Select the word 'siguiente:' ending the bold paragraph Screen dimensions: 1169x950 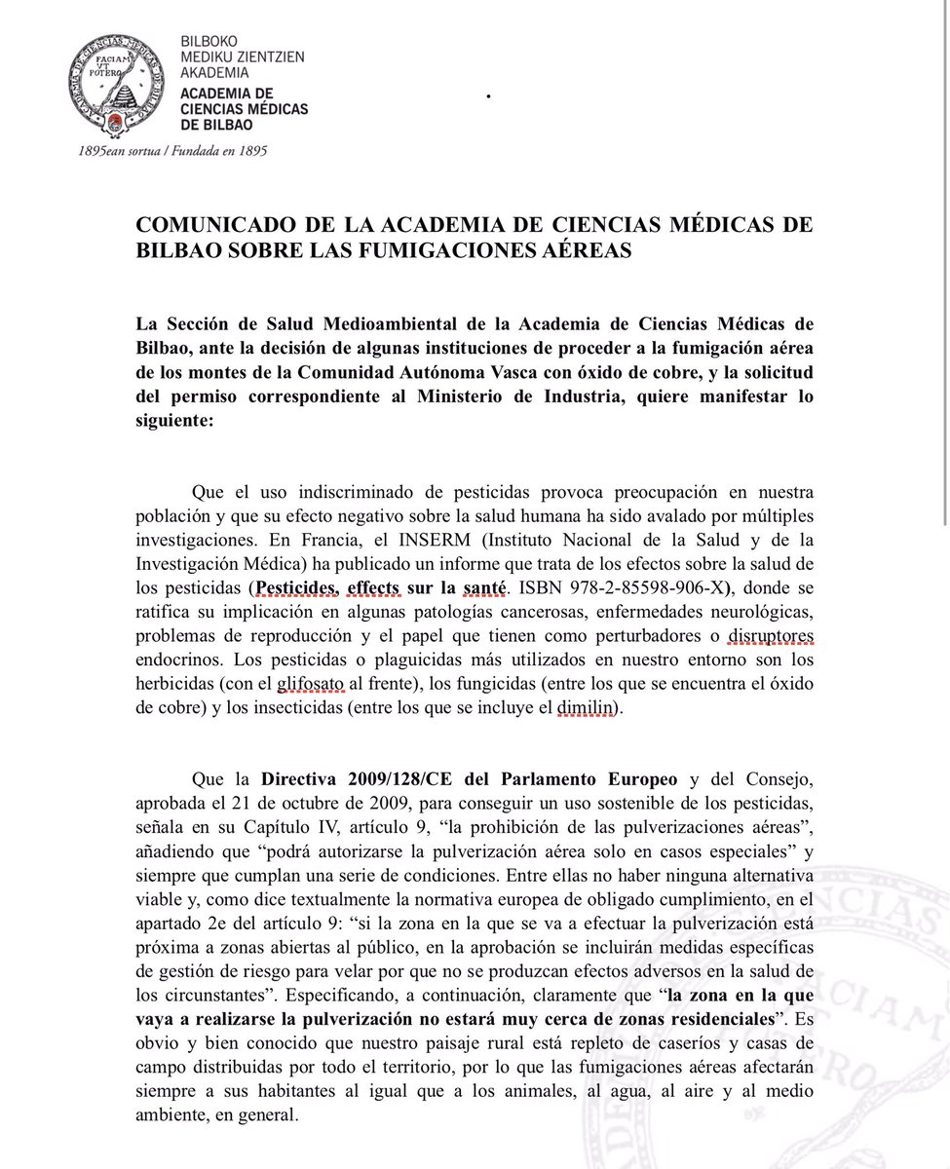click(176, 422)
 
